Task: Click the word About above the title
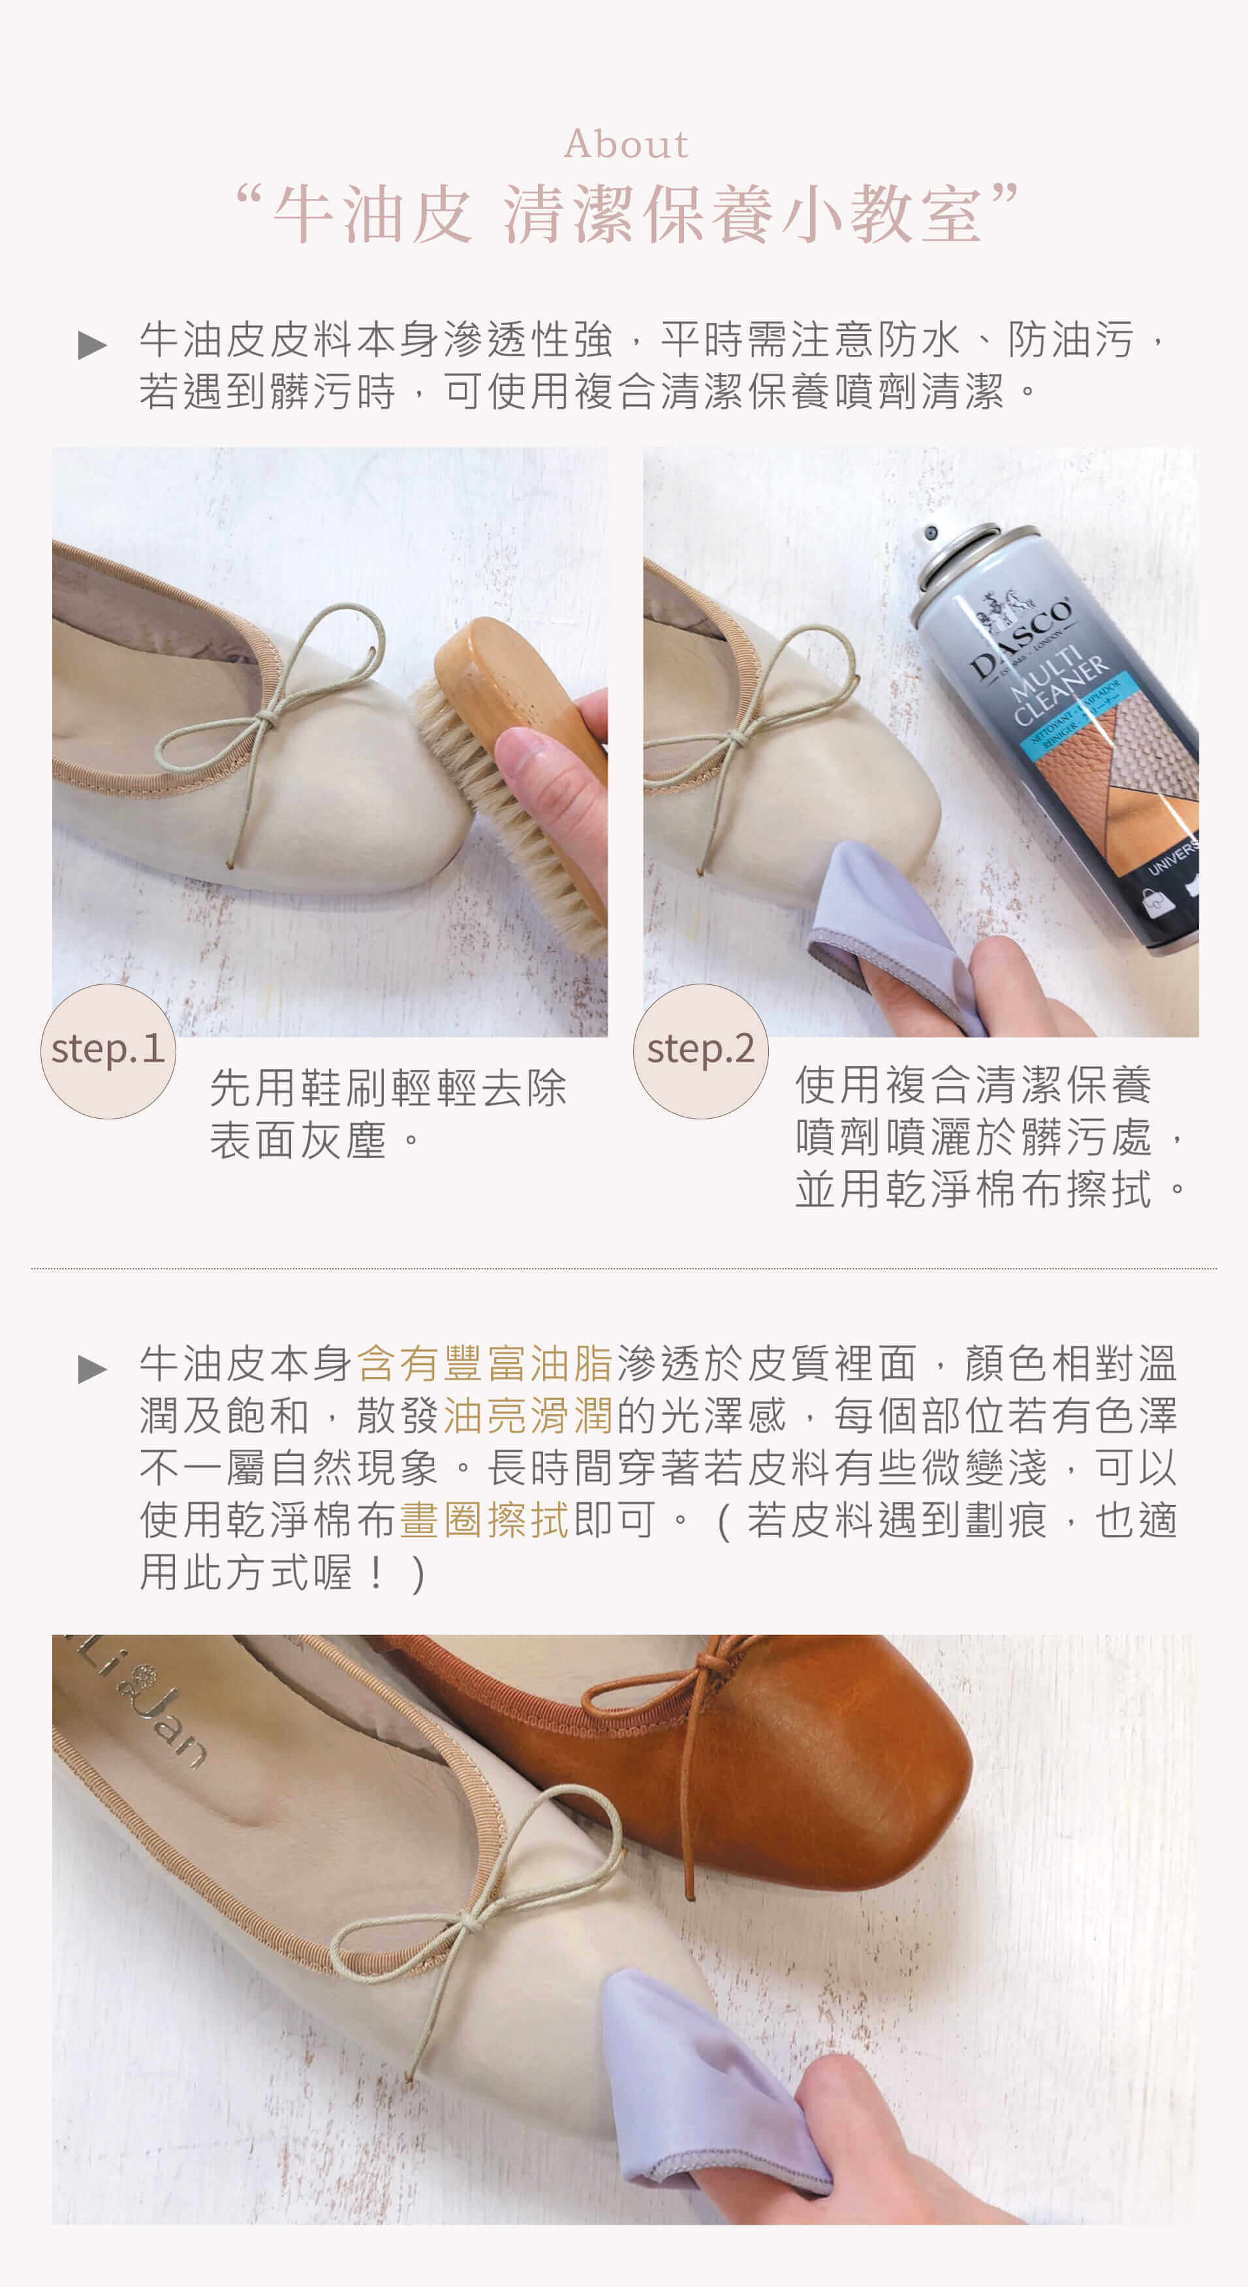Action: click(x=626, y=144)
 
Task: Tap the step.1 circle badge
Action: click(x=108, y=1050)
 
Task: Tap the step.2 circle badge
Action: click(x=701, y=1050)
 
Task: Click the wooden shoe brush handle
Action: click(x=515, y=684)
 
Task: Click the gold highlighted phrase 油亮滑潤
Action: click(x=529, y=1415)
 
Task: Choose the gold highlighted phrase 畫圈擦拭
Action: click(x=485, y=1520)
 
